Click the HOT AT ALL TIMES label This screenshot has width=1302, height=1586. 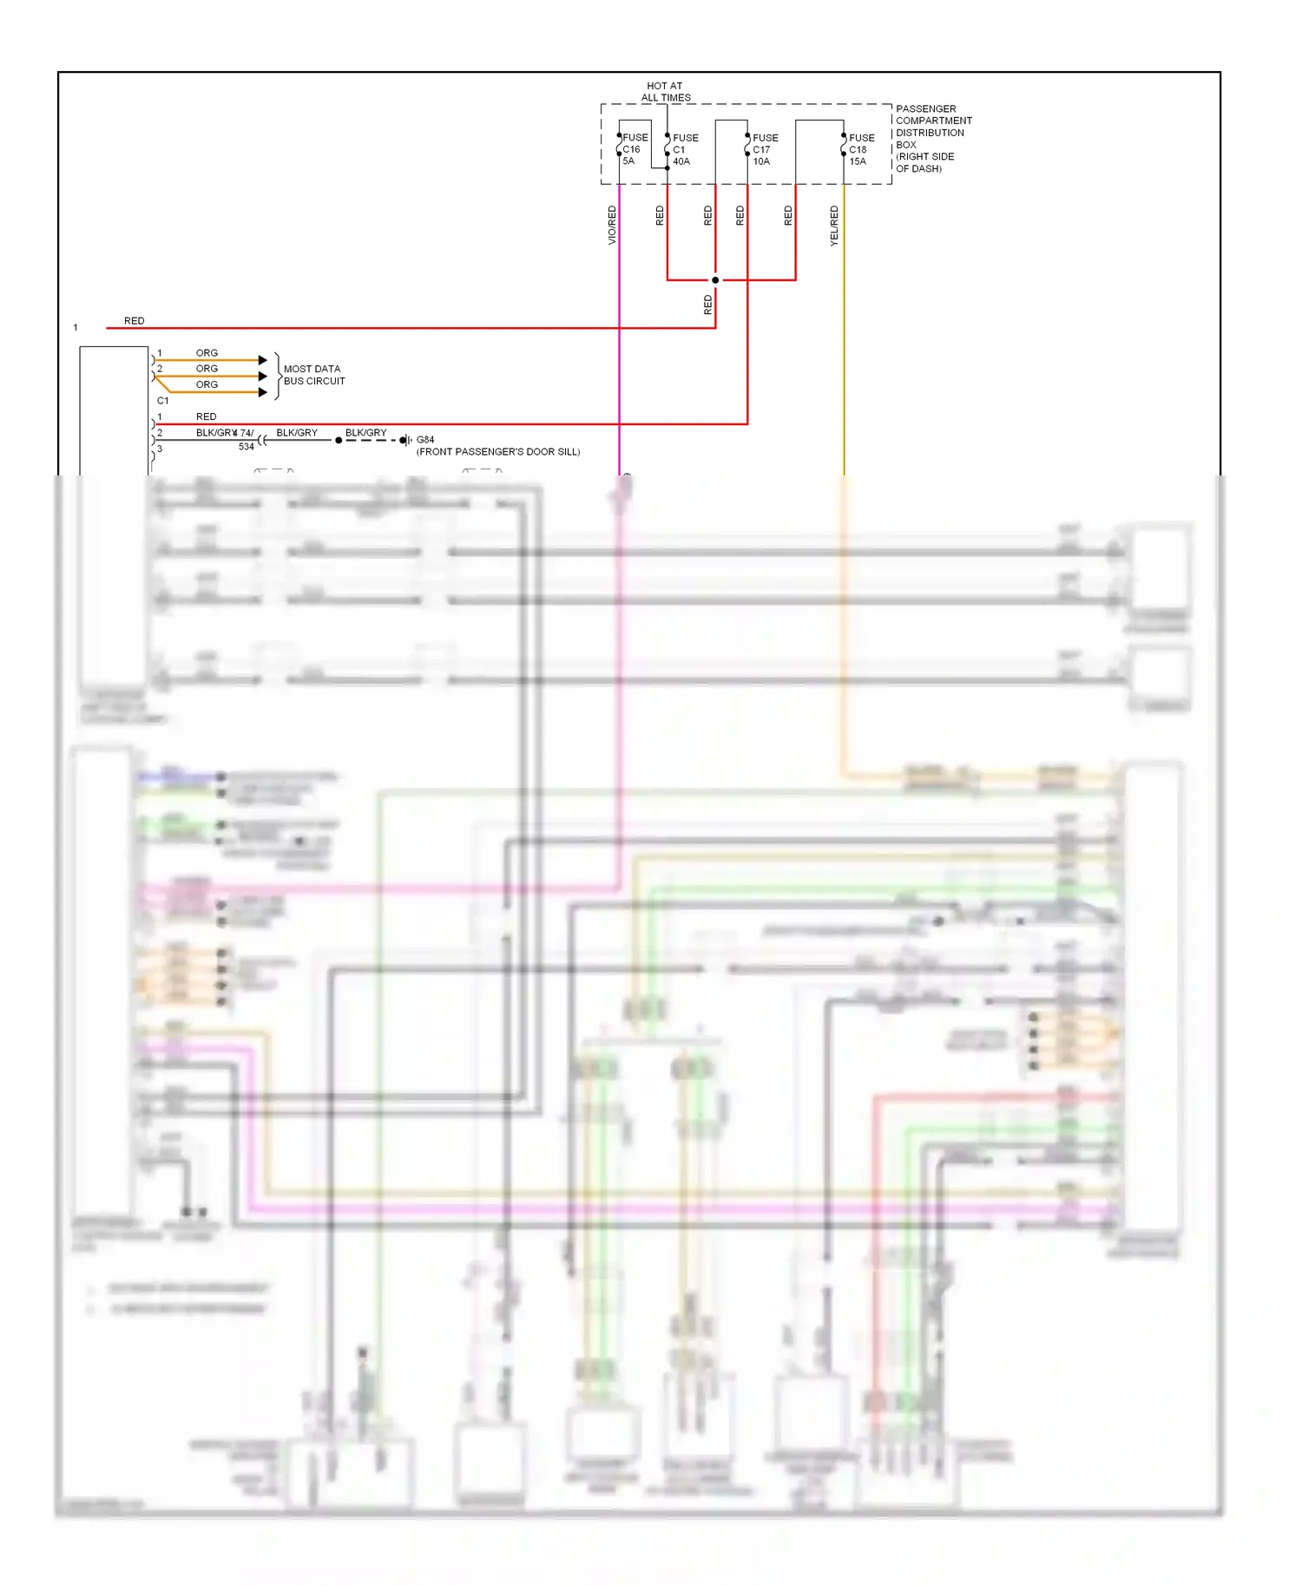(x=666, y=92)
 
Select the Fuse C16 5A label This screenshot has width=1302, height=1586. (x=634, y=149)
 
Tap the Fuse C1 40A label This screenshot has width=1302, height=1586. (x=684, y=149)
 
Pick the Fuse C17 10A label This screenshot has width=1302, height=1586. (x=764, y=149)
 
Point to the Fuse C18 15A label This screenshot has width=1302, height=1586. (x=860, y=149)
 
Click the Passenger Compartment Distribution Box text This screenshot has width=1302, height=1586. (x=932, y=139)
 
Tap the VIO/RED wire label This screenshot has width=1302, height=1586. (x=612, y=225)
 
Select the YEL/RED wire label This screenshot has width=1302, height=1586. (x=834, y=226)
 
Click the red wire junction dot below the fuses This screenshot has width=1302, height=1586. (x=715, y=280)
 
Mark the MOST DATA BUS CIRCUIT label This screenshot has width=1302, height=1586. (x=313, y=375)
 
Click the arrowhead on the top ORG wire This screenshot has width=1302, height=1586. (x=263, y=360)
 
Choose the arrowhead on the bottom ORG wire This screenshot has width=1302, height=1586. (x=263, y=392)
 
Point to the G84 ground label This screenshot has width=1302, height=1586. (x=425, y=440)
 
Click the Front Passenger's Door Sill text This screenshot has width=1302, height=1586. (x=498, y=452)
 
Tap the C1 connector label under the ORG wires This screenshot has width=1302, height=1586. (x=162, y=401)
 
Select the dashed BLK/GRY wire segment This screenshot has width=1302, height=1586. (x=371, y=441)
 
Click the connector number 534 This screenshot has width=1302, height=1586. (x=247, y=447)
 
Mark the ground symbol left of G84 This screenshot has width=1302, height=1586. (x=405, y=441)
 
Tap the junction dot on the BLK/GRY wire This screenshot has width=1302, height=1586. (x=339, y=441)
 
